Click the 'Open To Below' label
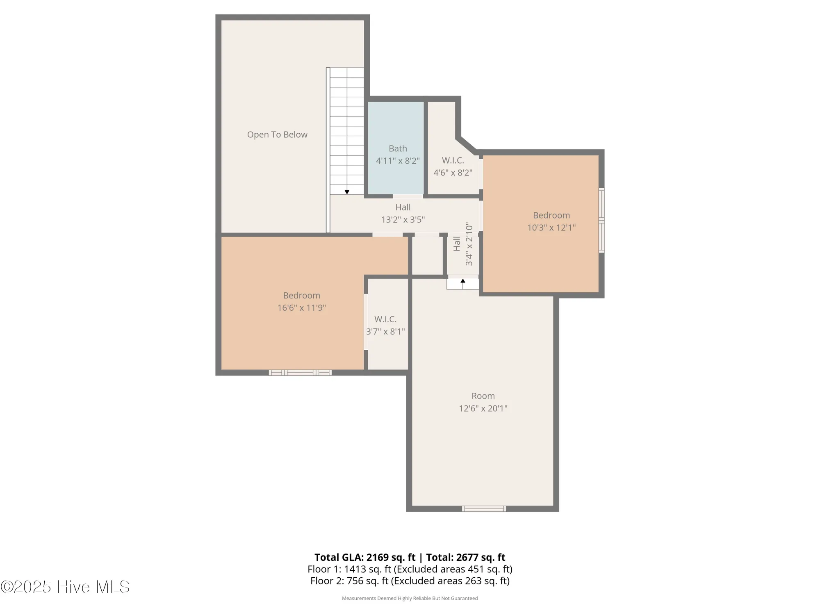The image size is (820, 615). (277, 134)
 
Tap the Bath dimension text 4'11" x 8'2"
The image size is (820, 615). (398, 161)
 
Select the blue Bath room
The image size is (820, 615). (396, 123)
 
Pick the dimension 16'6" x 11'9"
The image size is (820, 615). (301, 307)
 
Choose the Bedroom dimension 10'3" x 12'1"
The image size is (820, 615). (551, 228)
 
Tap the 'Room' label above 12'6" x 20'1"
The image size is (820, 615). (483, 396)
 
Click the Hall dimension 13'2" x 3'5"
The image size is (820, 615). (403, 219)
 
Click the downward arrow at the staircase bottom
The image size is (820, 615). (347, 192)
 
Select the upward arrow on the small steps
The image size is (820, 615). (463, 282)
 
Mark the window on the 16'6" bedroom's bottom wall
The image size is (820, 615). (300, 372)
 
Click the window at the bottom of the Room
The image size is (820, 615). (484, 509)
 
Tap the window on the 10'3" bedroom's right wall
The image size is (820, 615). (601, 220)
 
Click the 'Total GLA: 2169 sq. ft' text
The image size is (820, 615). (365, 557)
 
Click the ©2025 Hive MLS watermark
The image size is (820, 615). (65, 587)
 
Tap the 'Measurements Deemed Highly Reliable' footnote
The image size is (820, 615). (410, 598)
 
